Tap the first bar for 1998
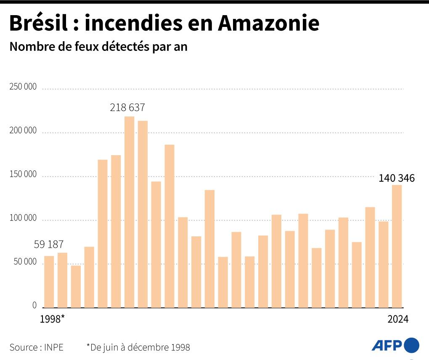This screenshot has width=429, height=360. [49, 281]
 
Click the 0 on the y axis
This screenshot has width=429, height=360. [34, 306]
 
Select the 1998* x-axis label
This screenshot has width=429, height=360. [52, 319]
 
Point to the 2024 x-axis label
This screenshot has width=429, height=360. [398, 319]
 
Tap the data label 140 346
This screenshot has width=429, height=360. [397, 178]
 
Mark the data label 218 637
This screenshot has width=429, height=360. [127, 108]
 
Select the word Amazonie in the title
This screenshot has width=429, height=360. [268, 24]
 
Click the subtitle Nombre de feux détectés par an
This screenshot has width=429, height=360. [98, 47]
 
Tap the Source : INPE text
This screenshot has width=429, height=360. [37, 347]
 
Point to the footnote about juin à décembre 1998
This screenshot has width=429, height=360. [138, 347]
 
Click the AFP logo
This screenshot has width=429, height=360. [395, 345]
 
